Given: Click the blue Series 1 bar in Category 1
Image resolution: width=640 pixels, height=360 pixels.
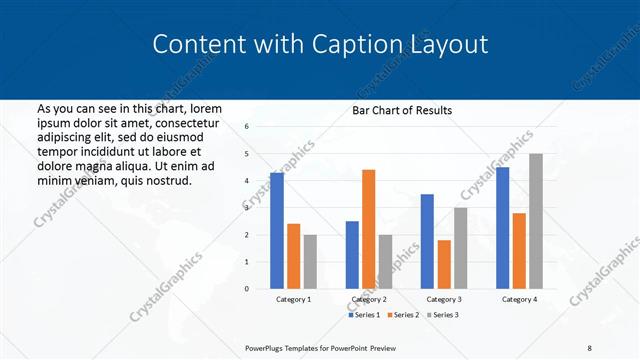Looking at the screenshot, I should (x=277, y=231).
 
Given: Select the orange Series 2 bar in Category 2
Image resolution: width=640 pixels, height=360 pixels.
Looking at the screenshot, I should (x=369, y=229).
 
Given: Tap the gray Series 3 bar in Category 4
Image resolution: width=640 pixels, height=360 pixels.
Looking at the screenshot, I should (x=536, y=221).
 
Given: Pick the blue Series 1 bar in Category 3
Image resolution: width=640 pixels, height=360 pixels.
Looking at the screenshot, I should (x=427, y=241).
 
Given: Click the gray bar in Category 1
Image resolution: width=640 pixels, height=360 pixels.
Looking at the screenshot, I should (x=310, y=262).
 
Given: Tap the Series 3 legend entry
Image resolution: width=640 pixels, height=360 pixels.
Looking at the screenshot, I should (x=441, y=315).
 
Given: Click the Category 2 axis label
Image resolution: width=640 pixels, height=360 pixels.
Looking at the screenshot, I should (x=369, y=299).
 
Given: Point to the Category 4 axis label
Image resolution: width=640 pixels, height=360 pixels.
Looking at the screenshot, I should (x=519, y=299).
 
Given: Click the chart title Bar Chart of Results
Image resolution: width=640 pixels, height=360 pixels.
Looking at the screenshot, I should (x=402, y=110).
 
